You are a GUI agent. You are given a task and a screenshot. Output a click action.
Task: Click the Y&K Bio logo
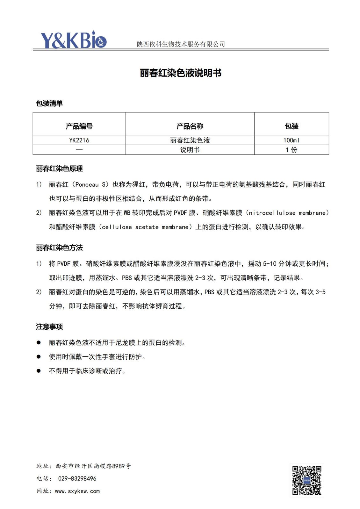coord(73,40)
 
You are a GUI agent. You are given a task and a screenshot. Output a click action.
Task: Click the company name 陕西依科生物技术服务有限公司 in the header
coord(181,44)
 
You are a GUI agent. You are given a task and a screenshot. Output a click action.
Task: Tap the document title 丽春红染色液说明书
coord(181,73)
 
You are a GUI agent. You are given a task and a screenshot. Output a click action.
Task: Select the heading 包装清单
coord(49,104)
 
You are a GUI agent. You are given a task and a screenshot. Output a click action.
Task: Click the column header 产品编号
coord(79,126)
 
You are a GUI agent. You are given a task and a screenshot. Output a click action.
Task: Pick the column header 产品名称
coord(190,126)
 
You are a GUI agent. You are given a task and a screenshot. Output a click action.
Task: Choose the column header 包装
coord(292,126)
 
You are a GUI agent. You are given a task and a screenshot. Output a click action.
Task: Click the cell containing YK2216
coord(79,140)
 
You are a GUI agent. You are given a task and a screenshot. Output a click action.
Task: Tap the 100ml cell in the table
coord(292,140)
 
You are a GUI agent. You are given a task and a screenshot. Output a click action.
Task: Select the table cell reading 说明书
coord(190,150)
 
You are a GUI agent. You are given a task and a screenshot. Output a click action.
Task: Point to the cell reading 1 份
coord(292,150)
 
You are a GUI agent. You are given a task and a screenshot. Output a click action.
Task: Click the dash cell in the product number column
coord(79,150)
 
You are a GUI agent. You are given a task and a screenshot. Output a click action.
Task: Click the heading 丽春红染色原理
coord(59,168)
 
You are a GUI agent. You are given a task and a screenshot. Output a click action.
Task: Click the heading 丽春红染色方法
coord(59,247)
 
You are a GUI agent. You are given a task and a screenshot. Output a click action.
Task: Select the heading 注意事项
coord(49,326)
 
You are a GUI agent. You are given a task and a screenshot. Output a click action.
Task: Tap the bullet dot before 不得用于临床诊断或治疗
coord(39,371)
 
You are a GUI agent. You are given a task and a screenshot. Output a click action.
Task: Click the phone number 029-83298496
coord(77,478)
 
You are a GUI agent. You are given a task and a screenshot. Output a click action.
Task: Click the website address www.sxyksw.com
coord(77,491)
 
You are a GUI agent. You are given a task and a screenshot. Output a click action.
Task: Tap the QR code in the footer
coord(306,480)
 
